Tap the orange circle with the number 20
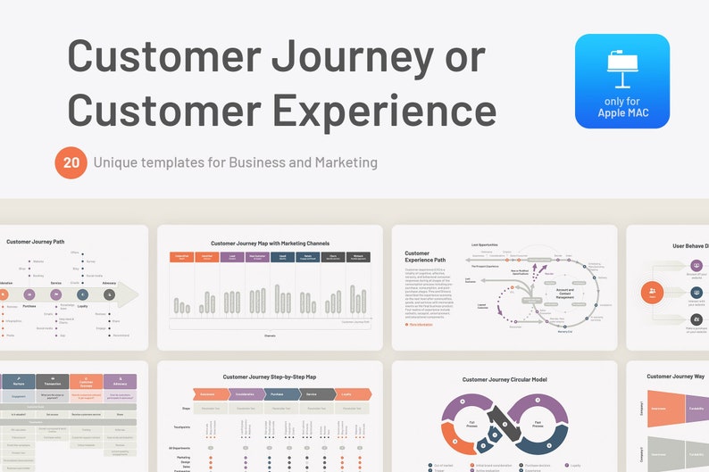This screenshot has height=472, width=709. pos(71,162)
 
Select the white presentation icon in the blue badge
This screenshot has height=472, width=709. pos(621,67)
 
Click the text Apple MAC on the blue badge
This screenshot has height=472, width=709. pos(621,113)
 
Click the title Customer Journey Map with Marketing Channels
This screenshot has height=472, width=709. pos(271,243)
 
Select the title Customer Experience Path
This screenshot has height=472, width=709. pos(423,259)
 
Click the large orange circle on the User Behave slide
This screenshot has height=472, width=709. pos(653,292)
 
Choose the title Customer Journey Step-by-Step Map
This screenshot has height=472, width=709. pos(271,377)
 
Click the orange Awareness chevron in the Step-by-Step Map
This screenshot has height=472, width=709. pos(206,393)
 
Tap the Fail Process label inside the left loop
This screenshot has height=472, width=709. pos(471,424)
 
